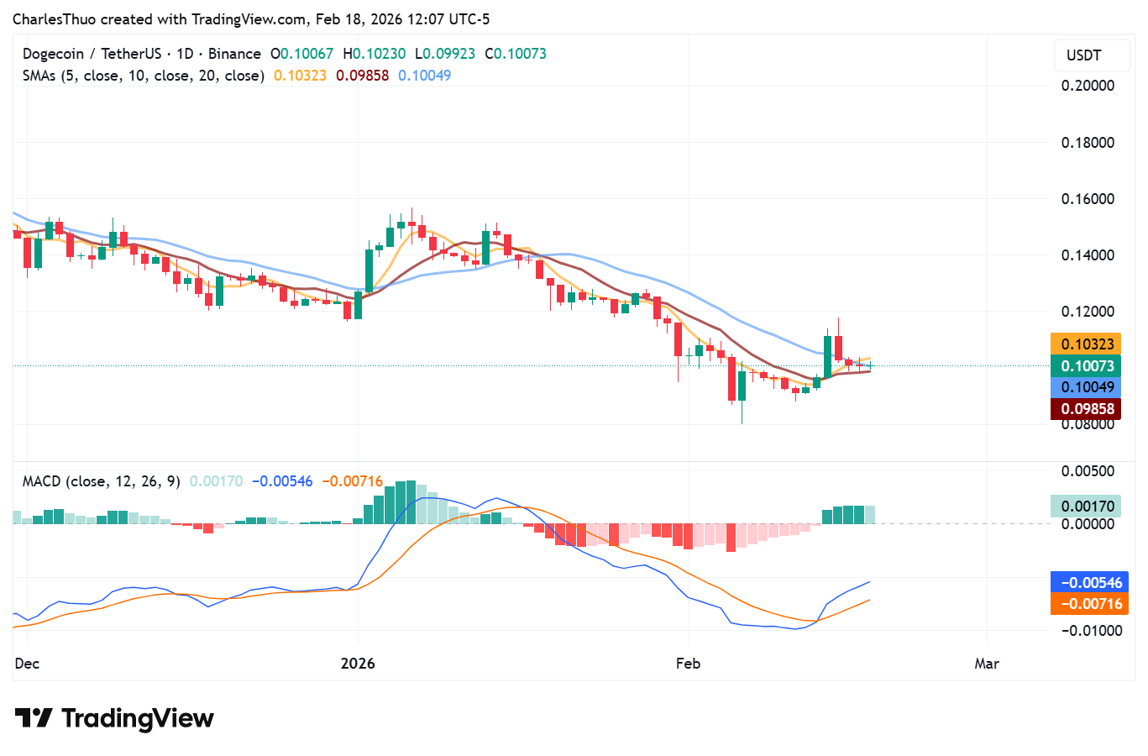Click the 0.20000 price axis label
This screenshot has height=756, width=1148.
coord(1088,86)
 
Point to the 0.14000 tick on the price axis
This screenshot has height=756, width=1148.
coord(1088,255)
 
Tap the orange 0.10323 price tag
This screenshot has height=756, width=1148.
coord(1087,344)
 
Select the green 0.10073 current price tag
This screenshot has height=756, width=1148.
coord(1087,366)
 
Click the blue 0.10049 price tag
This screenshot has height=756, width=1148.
coord(1087,387)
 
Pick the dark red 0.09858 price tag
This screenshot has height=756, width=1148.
coord(1087,409)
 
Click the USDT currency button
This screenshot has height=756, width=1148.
coord(1083,55)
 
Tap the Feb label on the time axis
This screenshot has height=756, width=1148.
coord(688,664)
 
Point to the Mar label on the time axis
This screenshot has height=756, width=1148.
coord(987,664)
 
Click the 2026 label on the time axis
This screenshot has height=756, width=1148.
coord(358,664)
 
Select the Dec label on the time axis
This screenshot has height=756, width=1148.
coord(27,664)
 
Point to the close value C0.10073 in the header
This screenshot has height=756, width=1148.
coord(516,54)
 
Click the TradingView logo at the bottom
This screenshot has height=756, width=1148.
coord(114,719)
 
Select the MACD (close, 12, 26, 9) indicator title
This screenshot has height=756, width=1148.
coord(101,481)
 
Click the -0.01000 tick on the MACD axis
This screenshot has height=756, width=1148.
coord(1091,631)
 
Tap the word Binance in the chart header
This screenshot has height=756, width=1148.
coord(234,54)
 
